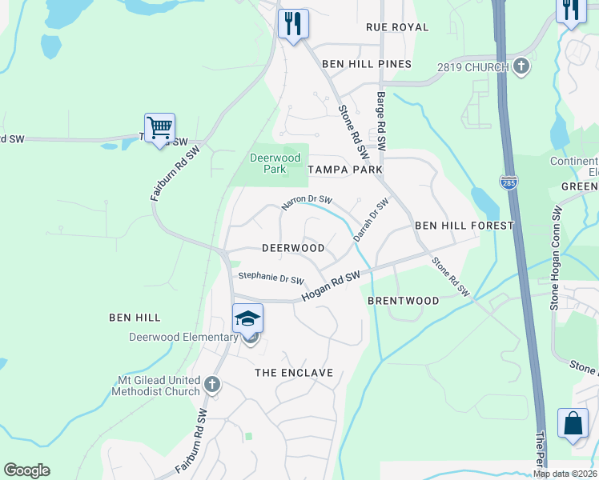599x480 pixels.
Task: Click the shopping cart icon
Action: click(160, 128)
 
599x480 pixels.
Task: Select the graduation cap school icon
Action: click(248, 319)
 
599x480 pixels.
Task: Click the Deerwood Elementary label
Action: click(183, 337)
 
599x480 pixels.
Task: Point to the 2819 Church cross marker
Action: click(521, 67)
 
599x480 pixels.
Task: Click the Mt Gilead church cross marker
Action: click(212, 385)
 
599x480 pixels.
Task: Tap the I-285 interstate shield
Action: click(509, 182)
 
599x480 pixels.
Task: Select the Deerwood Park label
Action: click(268, 163)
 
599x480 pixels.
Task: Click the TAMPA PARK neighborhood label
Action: click(345, 170)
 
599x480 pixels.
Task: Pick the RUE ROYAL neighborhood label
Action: click(397, 27)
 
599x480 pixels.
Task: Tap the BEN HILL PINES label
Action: click(367, 64)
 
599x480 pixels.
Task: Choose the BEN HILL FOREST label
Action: click(464, 226)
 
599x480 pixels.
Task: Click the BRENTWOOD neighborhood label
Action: click(403, 301)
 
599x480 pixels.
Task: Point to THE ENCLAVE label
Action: click(293, 373)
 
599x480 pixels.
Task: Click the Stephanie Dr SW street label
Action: click(271, 279)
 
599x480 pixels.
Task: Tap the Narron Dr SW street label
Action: click(306, 205)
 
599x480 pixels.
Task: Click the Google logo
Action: click(26, 470)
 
